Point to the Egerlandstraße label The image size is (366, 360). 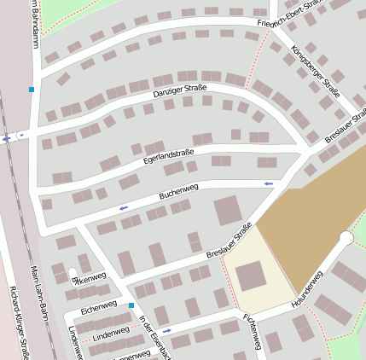point(169,154)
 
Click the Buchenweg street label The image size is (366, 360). point(179,191)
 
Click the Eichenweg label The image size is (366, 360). point(99,304)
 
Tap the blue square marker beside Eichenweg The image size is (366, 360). point(131,305)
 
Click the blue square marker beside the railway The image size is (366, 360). point(32,89)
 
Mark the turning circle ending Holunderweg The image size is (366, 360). point(346,238)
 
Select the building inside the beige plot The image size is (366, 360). point(251,276)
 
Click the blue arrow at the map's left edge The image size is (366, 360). point(7,138)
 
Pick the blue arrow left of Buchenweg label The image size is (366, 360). point(124,207)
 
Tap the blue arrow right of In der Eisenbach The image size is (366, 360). point(166,330)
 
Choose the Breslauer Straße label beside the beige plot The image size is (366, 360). point(229,241)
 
